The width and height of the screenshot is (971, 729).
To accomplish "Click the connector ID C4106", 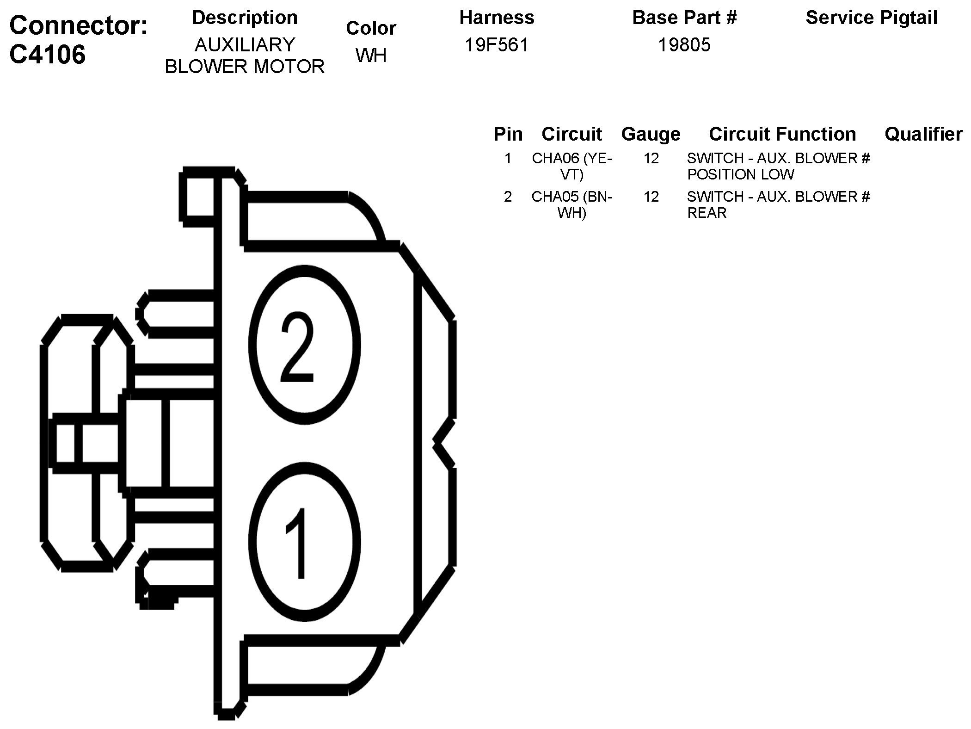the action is [48, 55].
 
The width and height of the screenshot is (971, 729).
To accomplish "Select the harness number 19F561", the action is [497, 45].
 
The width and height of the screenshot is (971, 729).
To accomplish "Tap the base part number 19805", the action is [684, 45].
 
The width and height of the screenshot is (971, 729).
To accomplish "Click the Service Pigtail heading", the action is [871, 18].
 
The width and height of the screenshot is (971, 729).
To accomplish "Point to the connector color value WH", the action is [371, 56].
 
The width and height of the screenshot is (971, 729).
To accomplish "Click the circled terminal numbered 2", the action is [304, 346].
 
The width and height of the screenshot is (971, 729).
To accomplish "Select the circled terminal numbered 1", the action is [304, 543].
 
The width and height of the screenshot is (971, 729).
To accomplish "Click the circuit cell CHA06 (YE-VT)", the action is [572, 167].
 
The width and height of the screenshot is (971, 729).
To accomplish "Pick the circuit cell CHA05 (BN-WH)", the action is [572, 205].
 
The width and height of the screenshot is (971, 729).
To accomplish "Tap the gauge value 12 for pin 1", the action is [651, 159].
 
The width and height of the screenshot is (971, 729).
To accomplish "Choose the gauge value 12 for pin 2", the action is [651, 197].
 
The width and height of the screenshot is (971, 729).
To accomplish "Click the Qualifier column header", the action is [923, 134].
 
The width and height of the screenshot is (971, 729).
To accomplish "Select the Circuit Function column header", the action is [782, 134].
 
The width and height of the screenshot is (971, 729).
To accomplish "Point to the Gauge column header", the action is [651, 134].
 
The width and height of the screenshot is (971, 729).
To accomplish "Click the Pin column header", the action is [508, 134].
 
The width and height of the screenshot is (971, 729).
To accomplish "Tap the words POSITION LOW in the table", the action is [740, 175].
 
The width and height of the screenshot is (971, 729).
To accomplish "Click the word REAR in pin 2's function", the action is [707, 213].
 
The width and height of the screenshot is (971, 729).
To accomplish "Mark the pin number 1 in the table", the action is [508, 159].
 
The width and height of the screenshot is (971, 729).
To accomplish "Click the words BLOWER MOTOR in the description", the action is [245, 67].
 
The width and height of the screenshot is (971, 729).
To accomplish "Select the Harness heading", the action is [497, 18].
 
